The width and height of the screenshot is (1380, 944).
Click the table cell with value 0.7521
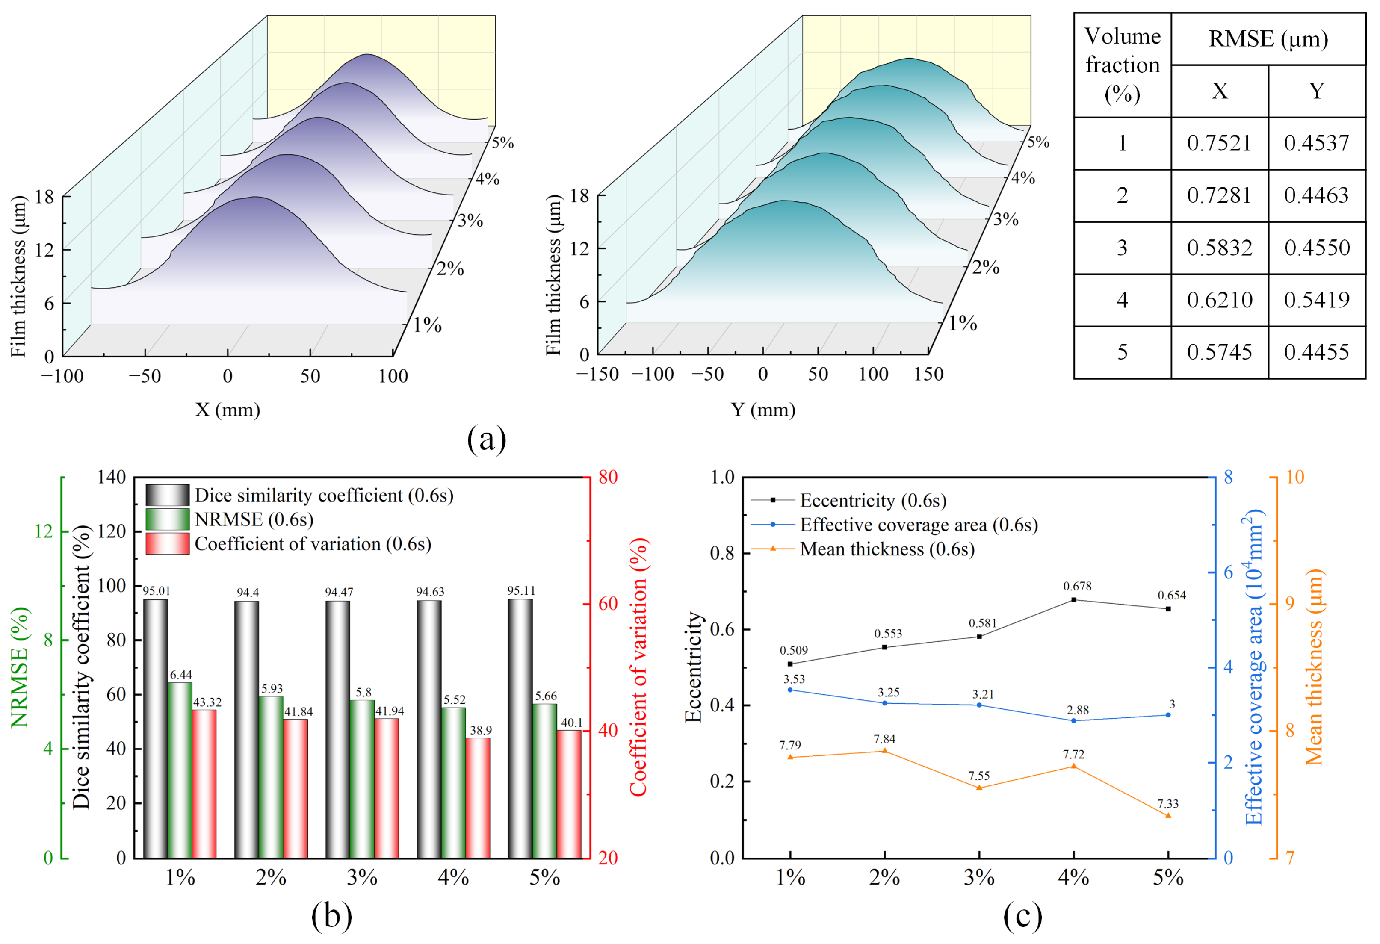pyautogui.click(x=1219, y=143)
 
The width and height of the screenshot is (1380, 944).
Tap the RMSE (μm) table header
pyautogui.click(x=1268, y=39)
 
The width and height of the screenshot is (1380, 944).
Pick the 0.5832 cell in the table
pyautogui.click(x=1219, y=248)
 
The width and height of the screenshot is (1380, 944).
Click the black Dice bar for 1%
pyautogui.click(x=156, y=729)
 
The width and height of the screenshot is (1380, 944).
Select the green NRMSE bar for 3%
pyautogui.click(x=362, y=779)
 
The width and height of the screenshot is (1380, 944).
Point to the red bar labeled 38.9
pyautogui.click(x=478, y=797)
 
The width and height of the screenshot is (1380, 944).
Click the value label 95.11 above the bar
pyautogui.click(x=521, y=591)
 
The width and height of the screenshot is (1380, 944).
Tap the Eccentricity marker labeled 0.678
pyautogui.click(x=1074, y=600)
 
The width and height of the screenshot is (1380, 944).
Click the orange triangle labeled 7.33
pyautogui.click(x=1168, y=816)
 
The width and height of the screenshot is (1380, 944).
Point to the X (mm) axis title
pyautogui.click(x=228, y=410)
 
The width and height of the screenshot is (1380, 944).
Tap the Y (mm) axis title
pyautogui.click(x=763, y=410)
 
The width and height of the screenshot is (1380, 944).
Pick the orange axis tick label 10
pyautogui.click(x=1294, y=477)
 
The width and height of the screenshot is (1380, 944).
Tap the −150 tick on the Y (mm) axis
pyautogui.click(x=597, y=374)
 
